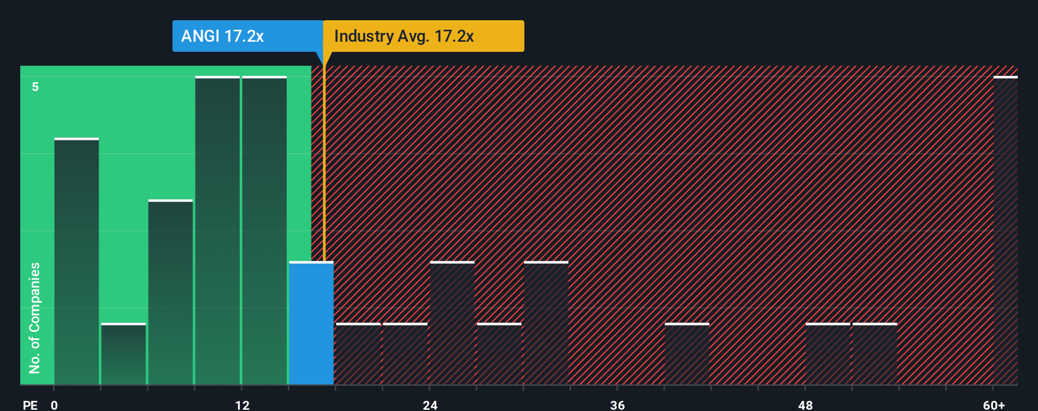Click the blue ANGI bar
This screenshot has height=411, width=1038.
pyautogui.click(x=311, y=323)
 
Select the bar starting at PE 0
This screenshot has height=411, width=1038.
pyautogui.click(x=77, y=261)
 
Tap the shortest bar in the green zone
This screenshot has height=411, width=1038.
pyautogui.click(x=123, y=353)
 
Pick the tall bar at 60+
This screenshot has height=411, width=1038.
pyautogui.click(x=1005, y=231)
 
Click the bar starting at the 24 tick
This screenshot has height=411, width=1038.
pyautogui.click(x=452, y=323)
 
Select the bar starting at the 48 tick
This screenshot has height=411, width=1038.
pyautogui.click(x=827, y=353)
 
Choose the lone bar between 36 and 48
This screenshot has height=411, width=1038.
pyautogui.click(x=687, y=353)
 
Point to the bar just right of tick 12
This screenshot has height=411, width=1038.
pyautogui.click(x=265, y=231)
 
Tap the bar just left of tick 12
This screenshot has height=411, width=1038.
pyautogui.click(x=218, y=231)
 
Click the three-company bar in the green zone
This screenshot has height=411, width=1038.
pyautogui.click(x=171, y=292)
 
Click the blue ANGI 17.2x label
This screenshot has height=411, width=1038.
pyautogui.click(x=222, y=36)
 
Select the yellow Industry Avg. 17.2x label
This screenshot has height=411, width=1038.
pyautogui.click(x=404, y=36)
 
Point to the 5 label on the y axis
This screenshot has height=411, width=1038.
pyautogui.click(x=35, y=87)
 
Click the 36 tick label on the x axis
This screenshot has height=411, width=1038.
pyautogui.click(x=617, y=405)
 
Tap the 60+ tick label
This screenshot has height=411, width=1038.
pyautogui.click(x=994, y=405)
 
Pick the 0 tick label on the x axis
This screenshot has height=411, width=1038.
pyautogui.click(x=54, y=405)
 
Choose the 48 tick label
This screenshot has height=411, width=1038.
pyautogui.click(x=805, y=405)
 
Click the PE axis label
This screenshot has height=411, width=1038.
pyautogui.click(x=30, y=405)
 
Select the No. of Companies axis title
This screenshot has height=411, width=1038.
pyautogui.click(x=35, y=317)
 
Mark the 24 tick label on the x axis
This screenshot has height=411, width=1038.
pyautogui.click(x=430, y=405)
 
